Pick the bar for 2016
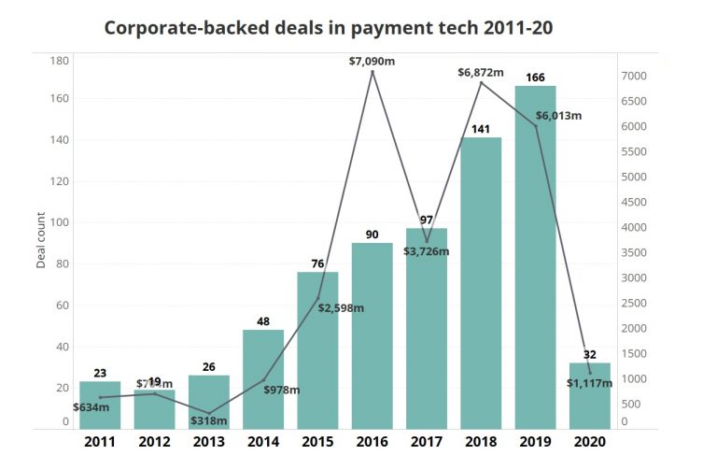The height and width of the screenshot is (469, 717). (x=373, y=335)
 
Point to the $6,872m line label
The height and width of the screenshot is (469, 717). (x=481, y=72)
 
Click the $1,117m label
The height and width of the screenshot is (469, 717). (x=588, y=382)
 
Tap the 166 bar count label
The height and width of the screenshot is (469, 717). (x=535, y=77)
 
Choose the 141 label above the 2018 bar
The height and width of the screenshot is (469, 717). (x=481, y=129)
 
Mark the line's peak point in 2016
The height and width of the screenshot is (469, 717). (x=373, y=72)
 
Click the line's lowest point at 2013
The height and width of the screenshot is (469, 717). (x=209, y=413)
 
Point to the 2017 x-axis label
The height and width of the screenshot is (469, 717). (x=427, y=441)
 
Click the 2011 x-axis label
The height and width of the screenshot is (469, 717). (x=100, y=441)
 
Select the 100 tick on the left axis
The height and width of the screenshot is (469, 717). (x=60, y=222)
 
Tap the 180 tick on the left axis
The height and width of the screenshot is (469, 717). (x=60, y=61)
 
